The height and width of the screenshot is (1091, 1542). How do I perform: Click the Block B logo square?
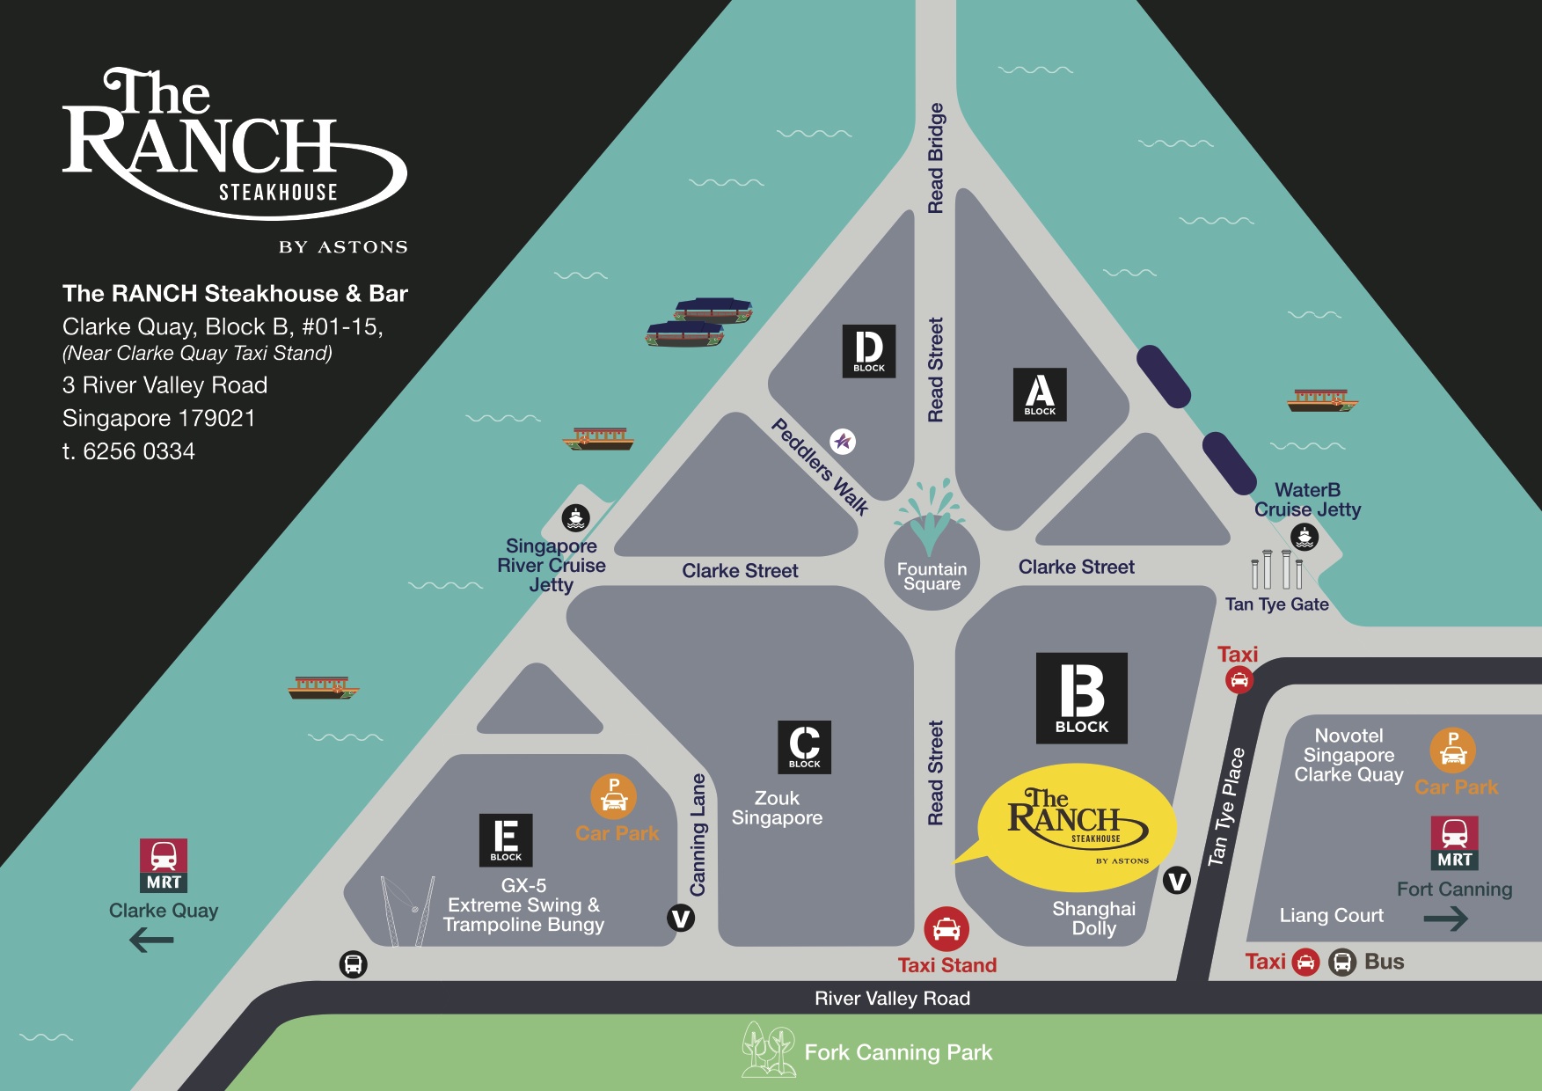[x=1081, y=698]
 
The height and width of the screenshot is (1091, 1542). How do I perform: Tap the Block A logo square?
[x=1040, y=394]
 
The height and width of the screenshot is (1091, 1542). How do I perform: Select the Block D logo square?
[x=869, y=351]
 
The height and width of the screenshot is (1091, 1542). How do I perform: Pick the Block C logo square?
[x=804, y=747]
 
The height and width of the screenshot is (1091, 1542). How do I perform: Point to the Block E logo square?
[x=506, y=839]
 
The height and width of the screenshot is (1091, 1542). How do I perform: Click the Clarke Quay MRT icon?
[x=164, y=865]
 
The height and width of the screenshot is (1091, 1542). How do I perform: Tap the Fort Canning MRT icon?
[x=1454, y=843]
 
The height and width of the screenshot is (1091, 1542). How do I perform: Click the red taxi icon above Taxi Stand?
[x=946, y=928]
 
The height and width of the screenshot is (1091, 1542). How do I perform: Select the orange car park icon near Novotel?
[x=1452, y=750]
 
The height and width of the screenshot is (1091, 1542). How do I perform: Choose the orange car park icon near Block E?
[x=613, y=796]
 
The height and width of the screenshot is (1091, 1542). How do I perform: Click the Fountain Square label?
[x=932, y=576]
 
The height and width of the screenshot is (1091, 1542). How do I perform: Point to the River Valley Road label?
[x=892, y=998]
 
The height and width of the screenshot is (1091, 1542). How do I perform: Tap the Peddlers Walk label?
[x=820, y=466]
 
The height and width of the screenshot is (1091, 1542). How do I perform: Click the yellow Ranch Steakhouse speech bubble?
[x=1077, y=827]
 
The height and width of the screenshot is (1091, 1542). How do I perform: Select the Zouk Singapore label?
[x=777, y=808]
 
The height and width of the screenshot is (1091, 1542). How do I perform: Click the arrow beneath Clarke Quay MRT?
[x=151, y=941]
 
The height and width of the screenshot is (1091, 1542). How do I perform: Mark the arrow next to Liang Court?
[x=1445, y=919]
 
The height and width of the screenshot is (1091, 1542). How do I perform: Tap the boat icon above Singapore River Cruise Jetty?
[x=575, y=517]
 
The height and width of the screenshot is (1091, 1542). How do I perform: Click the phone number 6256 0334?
[x=138, y=451]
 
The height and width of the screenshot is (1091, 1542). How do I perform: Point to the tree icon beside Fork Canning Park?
[x=767, y=1049]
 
